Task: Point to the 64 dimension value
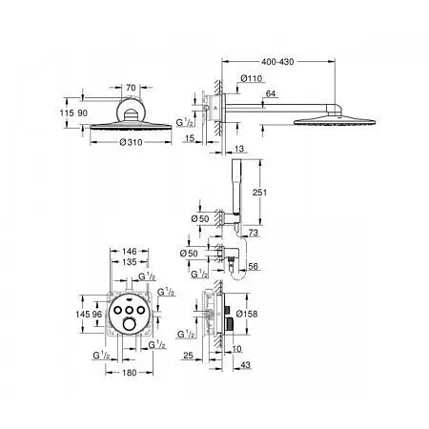point(271,93)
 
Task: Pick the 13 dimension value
point(236,148)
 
